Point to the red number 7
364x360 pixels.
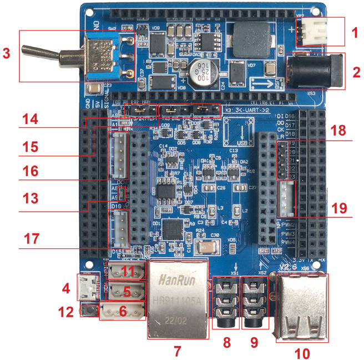click(177, 351)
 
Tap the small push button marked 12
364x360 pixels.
click(88, 310)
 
